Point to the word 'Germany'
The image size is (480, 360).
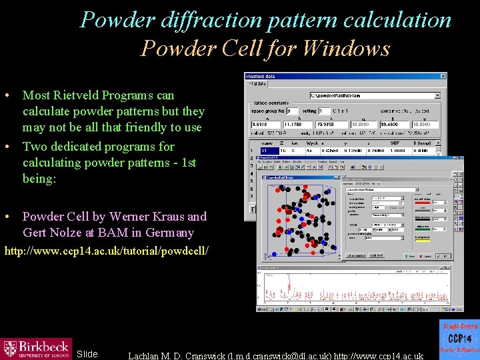[x=172, y=233]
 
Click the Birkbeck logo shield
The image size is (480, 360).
[x=11, y=349]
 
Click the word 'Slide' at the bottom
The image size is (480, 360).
[x=87, y=354]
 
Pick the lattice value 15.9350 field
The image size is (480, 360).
[x=329, y=124]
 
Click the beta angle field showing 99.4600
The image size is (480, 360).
[x=394, y=124]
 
